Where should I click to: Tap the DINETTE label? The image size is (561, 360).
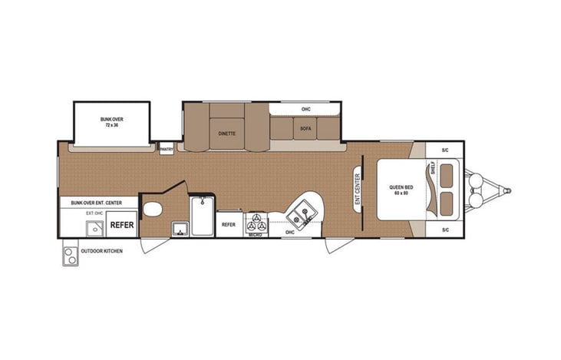click(x=226, y=133)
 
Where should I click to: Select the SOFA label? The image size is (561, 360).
click(x=305, y=128)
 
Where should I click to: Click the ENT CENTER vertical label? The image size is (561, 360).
click(x=358, y=189)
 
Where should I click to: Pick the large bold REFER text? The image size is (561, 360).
click(x=121, y=226)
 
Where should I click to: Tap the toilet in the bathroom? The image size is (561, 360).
click(x=152, y=209)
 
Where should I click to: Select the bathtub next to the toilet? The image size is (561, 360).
click(x=203, y=216)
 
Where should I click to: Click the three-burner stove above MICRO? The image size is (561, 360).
click(x=256, y=225)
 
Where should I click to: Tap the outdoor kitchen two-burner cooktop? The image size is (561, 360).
click(x=71, y=255)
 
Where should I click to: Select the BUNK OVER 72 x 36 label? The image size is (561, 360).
click(x=112, y=122)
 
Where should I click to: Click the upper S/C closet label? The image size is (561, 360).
click(x=445, y=150)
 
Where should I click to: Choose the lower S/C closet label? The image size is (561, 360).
click(x=445, y=230)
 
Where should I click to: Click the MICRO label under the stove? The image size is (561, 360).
click(x=256, y=235)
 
